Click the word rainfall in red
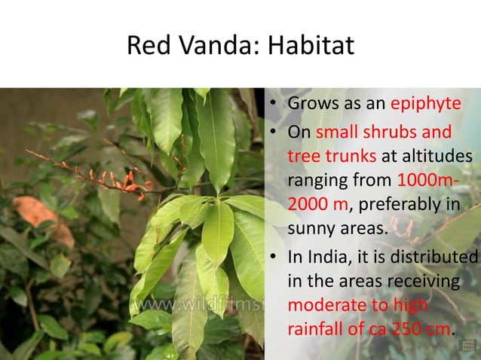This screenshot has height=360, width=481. tap(317, 329)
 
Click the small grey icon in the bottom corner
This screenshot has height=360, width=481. tap(465, 346)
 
